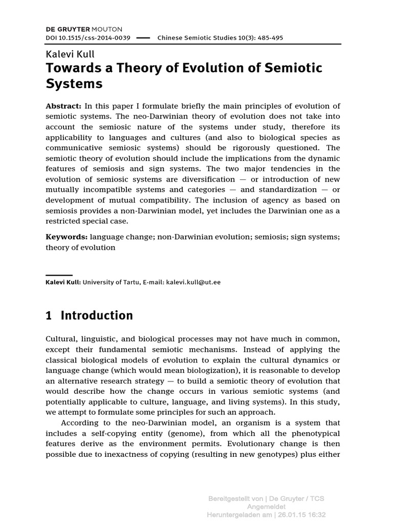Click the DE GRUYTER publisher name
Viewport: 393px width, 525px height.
pyautogui.click(x=68, y=29)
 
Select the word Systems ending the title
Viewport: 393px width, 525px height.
pyautogui.click(x=74, y=83)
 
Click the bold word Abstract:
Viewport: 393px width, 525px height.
pyautogui.click(x=63, y=106)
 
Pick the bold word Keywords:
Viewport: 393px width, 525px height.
pyautogui.click(x=67, y=237)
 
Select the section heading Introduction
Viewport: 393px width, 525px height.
pyautogui.click(x=97, y=316)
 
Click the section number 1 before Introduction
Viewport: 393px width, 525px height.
pyautogui.click(x=49, y=316)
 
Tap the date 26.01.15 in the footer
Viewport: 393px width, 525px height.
pyautogui.click(x=290, y=514)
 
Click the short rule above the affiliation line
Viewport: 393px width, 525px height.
pyautogui.click(x=59, y=275)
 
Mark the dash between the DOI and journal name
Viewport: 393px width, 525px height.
pyautogui.click(x=144, y=38)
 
